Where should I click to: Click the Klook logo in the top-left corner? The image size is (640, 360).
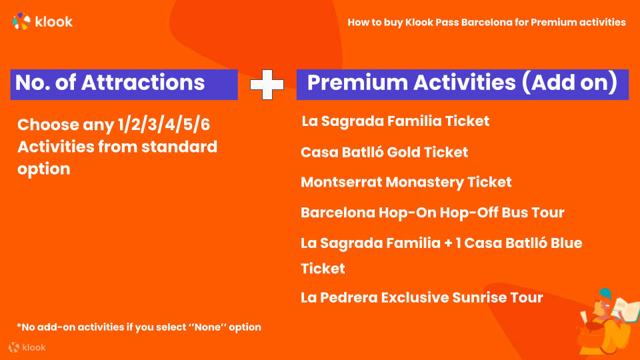tap(43, 21)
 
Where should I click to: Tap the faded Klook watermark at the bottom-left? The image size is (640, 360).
tap(27, 347)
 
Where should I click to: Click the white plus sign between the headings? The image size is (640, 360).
tap(267, 85)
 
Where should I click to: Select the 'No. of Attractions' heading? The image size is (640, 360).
tap(110, 83)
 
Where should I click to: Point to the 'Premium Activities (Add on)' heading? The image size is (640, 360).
tap(462, 83)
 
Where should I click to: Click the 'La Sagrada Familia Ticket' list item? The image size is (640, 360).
tap(395, 121)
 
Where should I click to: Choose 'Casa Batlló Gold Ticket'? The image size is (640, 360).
tap(384, 152)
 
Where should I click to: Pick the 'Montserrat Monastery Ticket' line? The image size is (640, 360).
tap(406, 183)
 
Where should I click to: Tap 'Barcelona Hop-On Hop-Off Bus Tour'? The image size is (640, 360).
tap(432, 213)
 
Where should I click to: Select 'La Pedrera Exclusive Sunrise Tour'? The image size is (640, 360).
tap(421, 297)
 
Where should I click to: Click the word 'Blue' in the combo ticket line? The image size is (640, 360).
tap(567, 243)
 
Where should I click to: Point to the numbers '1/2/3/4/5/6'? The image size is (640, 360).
tap(164, 125)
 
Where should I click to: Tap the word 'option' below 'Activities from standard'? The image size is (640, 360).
tap(44, 169)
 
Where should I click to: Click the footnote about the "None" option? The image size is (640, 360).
tap(139, 327)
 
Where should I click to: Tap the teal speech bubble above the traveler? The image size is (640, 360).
tap(605, 293)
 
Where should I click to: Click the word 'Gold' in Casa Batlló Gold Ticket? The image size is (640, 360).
tap(403, 152)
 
